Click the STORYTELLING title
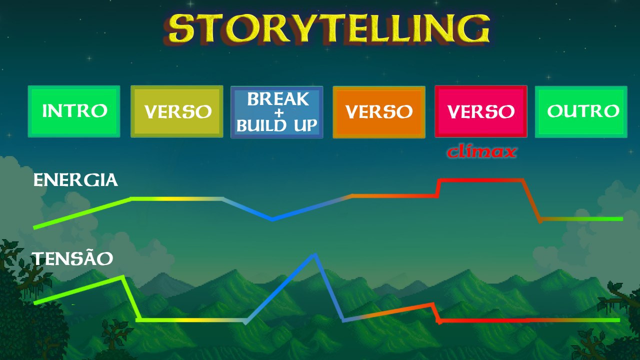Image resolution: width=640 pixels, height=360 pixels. pyautogui.click(x=327, y=29)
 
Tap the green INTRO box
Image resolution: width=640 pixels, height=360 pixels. pyautogui.click(x=74, y=111)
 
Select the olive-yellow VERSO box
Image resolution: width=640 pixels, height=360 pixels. pyautogui.click(x=177, y=111)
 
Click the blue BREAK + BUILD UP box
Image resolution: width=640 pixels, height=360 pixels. pyautogui.click(x=277, y=112)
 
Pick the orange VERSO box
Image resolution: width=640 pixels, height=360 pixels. pyautogui.click(x=379, y=112)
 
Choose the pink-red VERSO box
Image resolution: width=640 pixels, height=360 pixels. pyautogui.click(x=481, y=111)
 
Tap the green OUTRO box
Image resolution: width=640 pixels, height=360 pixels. pyautogui.click(x=581, y=111)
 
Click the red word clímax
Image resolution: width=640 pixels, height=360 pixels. pyautogui.click(x=481, y=152)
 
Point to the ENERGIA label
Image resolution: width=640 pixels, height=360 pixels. pyautogui.click(x=75, y=180)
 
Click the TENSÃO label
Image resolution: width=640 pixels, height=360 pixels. pyautogui.click(x=72, y=258)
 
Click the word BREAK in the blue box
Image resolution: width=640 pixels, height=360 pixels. pyautogui.click(x=278, y=99)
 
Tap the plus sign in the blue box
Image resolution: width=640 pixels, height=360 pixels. pyautogui.click(x=279, y=113)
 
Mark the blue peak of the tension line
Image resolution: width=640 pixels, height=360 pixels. pyautogui.click(x=314, y=255)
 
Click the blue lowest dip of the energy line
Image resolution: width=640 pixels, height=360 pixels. pyautogui.click(x=272, y=219)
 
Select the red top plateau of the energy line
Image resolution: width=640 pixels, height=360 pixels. pyautogui.click(x=481, y=180)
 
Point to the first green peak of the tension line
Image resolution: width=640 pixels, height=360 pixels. pyautogui.click(x=123, y=277)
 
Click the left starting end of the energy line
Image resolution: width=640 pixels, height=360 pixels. pyautogui.click(x=34, y=227)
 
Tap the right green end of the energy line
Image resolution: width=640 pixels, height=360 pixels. pyautogui.click(x=621, y=219)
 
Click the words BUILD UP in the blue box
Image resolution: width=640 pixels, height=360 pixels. pyautogui.click(x=277, y=125)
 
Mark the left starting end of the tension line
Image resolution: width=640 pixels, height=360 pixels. pyautogui.click(x=35, y=303)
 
